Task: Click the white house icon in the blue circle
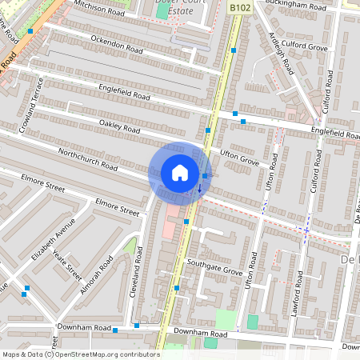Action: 180,173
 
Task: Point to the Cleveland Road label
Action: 138,271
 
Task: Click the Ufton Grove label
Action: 239,156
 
